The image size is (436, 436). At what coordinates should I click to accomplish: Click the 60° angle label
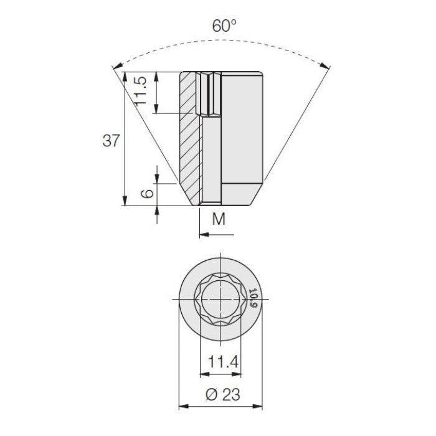[224, 26]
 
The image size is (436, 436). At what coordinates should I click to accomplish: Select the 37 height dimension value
[111, 140]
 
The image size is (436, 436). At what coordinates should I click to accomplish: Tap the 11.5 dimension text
[140, 91]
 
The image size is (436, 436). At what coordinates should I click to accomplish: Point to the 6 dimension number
[147, 193]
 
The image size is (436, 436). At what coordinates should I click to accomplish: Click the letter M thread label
[219, 219]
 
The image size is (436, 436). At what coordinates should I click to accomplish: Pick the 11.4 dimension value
[223, 362]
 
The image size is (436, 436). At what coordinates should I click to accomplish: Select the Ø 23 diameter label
[223, 394]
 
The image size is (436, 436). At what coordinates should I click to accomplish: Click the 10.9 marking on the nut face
[254, 298]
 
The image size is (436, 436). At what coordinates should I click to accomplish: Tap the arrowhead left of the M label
[204, 235]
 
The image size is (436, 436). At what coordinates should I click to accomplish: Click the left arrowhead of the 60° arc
[117, 66]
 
